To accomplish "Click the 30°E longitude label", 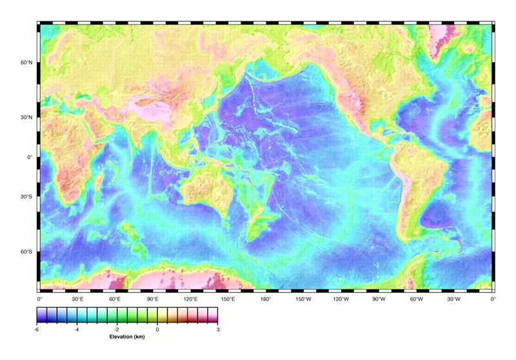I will tap(77, 299).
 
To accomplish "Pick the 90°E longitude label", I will tap(153, 299).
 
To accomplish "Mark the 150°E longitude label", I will tap(228, 299).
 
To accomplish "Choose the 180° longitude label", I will tap(266, 299).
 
